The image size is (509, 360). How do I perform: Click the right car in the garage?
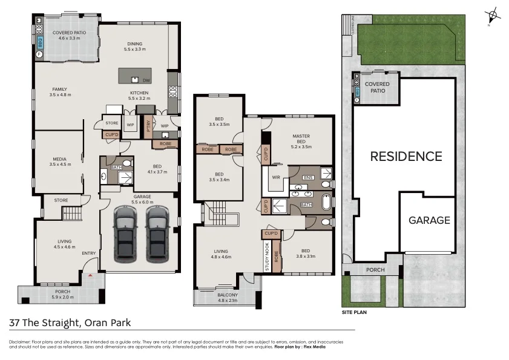click(x=157, y=232)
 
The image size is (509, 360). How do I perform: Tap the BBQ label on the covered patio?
click(x=41, y=42)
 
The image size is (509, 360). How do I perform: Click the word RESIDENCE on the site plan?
click(x=406, y=157)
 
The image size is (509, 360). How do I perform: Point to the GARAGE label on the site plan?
click(x=429, y=220)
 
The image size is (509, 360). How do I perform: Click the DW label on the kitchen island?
click(x=146, y=80)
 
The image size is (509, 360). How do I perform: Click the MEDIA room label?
click(x=60, y=162)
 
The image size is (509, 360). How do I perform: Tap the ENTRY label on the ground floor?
click(x=89, y=253)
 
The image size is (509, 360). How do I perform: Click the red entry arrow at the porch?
click(x=91, y=275)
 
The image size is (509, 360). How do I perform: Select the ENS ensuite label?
click(x=309, y=177)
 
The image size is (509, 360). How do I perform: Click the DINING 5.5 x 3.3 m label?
click(x=136, y=46)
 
